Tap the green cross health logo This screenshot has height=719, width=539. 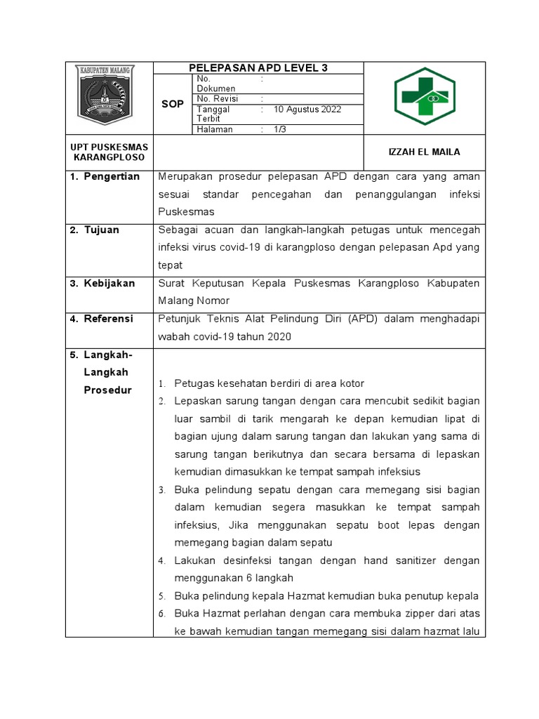coord(424,97)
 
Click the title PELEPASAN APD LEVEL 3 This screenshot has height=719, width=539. coord(258,68)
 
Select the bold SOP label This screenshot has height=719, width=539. coord(173,104)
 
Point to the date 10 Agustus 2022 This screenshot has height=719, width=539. coord(307,110)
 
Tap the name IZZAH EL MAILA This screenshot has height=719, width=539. coord(425,152)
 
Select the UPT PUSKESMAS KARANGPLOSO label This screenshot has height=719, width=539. coord(109,152)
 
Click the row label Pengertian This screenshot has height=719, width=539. coord(112,176)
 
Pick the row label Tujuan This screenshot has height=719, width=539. coord(102,230)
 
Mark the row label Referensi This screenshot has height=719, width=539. coord(109,319)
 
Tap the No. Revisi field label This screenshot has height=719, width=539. coord(219,99)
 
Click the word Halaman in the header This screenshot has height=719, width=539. coord(214,129)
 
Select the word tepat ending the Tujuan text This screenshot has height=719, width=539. coord(171,265)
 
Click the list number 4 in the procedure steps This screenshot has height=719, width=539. coord(161,560)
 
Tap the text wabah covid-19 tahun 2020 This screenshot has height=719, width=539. coord(225,336)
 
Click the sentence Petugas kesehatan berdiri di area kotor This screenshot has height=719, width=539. coord(269,383)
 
